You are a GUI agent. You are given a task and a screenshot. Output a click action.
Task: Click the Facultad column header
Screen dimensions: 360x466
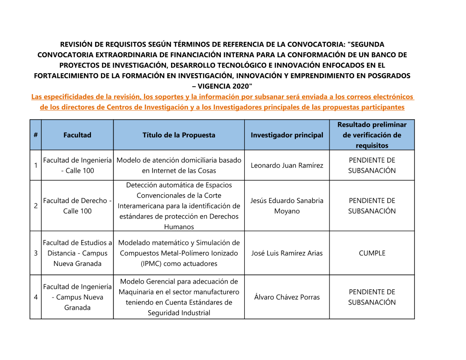(77, 135)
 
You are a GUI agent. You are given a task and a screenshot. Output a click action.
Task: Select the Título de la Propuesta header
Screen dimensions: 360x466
(179, 135)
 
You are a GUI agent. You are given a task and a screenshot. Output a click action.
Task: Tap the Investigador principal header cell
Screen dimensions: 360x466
(287, 135)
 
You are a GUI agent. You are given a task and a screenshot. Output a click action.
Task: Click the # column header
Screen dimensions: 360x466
(35, 135)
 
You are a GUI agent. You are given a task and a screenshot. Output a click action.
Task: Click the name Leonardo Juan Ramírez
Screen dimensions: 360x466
(287, 165)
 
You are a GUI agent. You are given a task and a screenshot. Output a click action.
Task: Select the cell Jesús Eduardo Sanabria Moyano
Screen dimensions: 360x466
(287, 206)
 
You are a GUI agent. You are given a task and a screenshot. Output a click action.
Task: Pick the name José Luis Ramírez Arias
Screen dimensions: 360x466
(287, 253)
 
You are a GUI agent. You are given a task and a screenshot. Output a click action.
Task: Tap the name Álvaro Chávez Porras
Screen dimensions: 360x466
(287, 297)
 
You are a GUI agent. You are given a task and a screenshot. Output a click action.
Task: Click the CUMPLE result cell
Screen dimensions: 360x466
(372, 253)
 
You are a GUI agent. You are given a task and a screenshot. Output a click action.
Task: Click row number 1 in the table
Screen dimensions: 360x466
(35, 165)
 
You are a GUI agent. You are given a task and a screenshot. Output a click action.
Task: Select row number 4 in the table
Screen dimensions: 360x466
(35, 297)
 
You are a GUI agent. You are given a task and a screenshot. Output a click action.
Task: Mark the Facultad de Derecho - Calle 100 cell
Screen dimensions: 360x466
(77, 206)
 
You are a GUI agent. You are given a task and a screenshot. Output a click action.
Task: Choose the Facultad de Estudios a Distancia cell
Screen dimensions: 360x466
(77, 253)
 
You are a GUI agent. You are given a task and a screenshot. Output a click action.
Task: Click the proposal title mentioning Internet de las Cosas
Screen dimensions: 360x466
(179, 165)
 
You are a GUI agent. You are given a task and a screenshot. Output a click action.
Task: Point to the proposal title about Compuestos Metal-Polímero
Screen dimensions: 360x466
(179, 253)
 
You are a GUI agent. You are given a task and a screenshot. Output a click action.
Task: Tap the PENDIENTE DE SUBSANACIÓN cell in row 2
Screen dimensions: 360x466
(372, 206)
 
